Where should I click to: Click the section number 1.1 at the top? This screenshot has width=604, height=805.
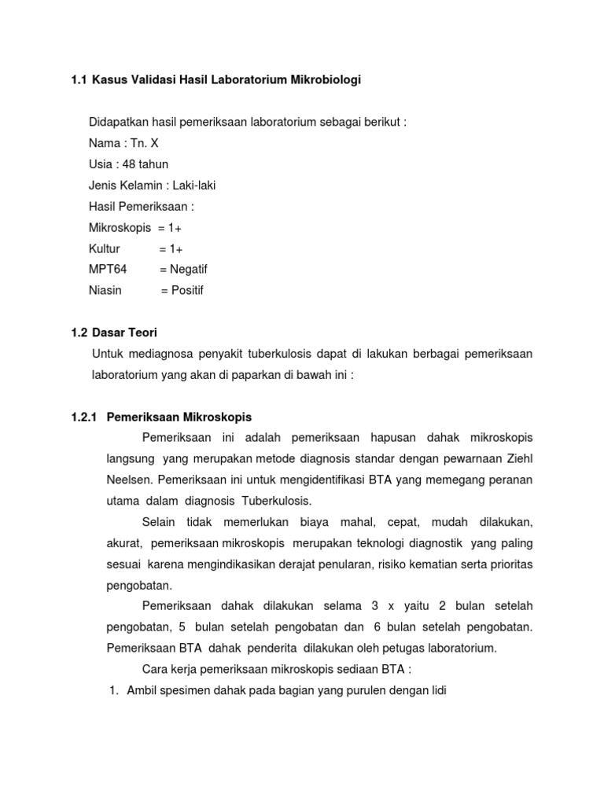79,79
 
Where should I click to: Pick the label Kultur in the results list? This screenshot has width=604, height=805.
105,248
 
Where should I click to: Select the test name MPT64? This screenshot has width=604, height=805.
108,269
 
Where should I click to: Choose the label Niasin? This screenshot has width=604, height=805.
105,290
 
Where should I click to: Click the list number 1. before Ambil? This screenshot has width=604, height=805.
113,691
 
